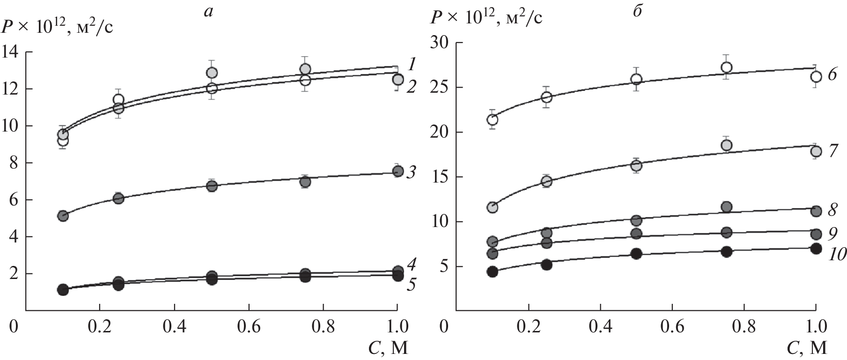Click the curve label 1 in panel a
coord(412,63)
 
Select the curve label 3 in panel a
coord(411,173)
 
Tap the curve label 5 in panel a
coord(411,298)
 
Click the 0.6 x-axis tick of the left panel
coord(249,326)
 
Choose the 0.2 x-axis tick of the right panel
coord(528,326)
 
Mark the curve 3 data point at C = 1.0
coord(398,171)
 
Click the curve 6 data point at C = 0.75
coord(727,67)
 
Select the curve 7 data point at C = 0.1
coord(493,207)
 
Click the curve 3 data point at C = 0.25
coord(118,198)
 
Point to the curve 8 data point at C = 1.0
coord(816,211)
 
